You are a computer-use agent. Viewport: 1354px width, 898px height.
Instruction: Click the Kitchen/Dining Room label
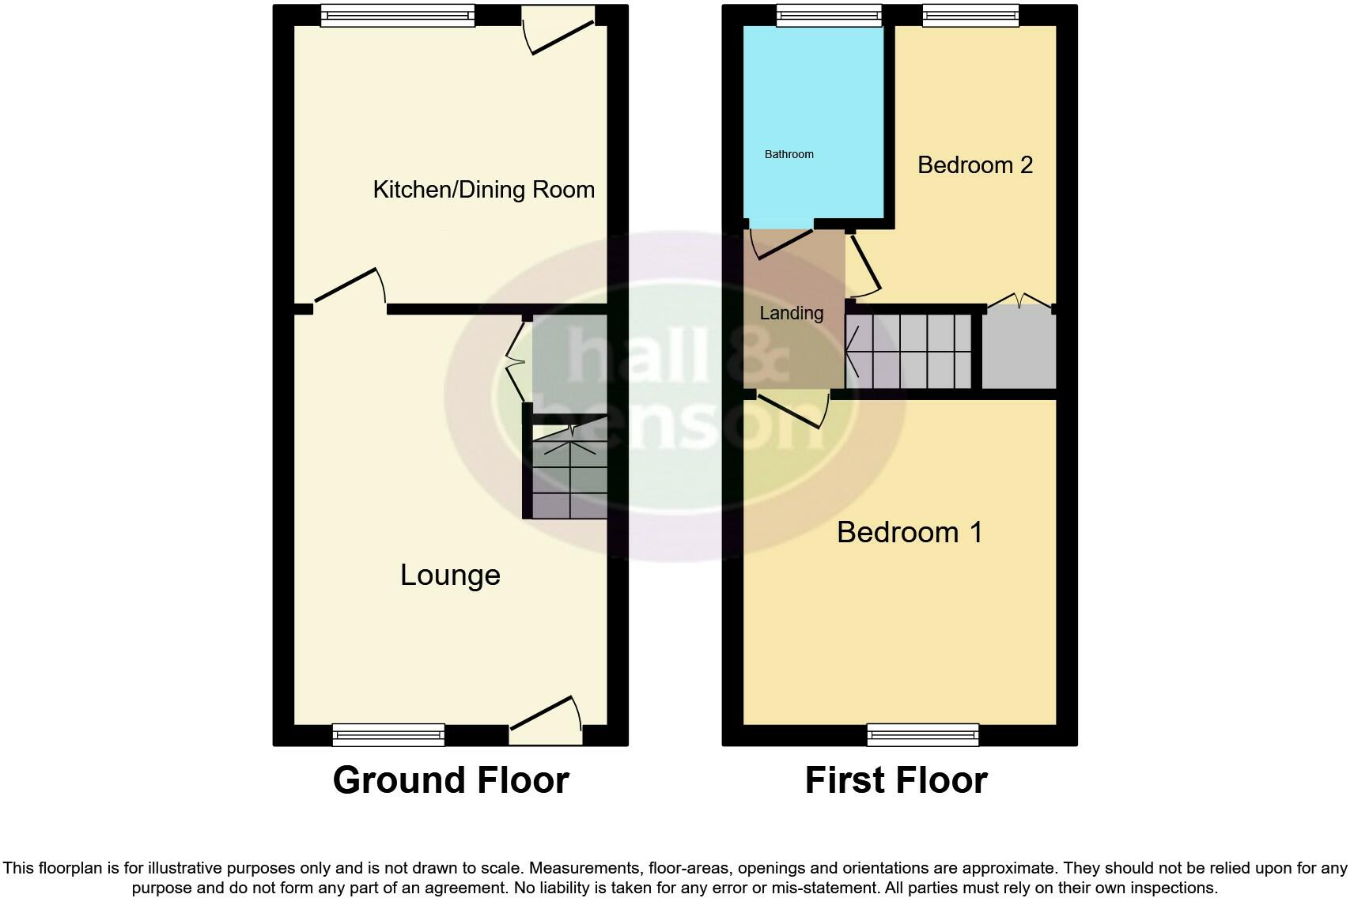pos(483,190)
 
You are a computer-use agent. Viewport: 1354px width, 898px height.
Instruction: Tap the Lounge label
pos(450,575)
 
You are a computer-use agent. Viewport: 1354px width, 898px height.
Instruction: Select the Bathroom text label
pos(789,154)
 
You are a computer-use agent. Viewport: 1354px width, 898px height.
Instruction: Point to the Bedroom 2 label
pos(975,164)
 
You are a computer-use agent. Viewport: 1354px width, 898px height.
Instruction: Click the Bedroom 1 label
pos(910,532)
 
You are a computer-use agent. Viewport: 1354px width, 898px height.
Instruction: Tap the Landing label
pos(791,313)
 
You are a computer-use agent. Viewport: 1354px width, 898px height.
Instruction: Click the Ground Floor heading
pos(451,780)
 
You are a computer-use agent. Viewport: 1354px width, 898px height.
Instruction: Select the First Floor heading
pos(896,780)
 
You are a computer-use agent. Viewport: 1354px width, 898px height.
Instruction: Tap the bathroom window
pos(829,15)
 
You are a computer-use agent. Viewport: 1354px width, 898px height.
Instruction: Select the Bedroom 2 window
pos(970,15)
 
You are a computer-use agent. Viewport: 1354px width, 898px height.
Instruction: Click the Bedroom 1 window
pos(923,734)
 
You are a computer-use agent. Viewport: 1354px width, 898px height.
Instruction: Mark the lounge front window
pos(388,734)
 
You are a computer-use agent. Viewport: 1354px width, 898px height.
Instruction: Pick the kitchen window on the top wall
pos(398,15)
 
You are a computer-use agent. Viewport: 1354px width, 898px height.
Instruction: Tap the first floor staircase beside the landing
pos(910,351)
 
